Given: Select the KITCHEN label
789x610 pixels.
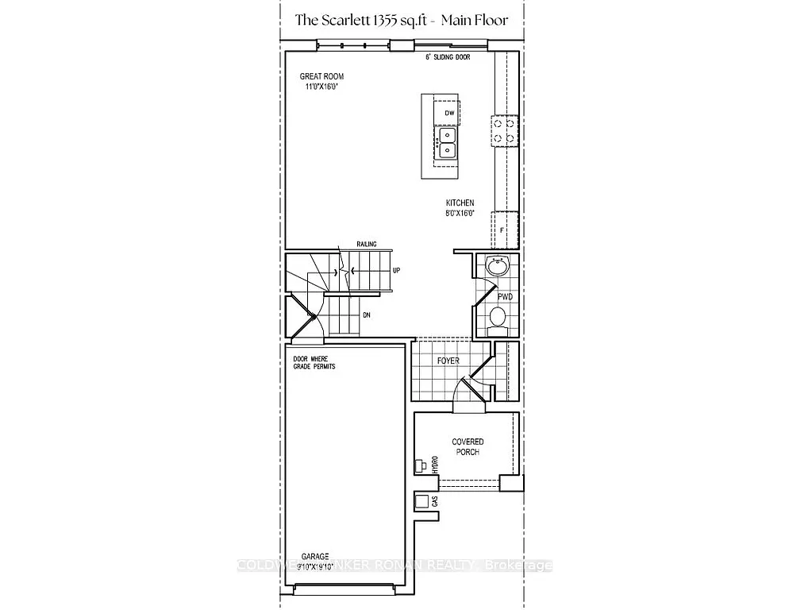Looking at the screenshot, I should (x=460, y=203).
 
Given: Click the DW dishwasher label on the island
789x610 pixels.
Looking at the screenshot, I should (x=448, y=114).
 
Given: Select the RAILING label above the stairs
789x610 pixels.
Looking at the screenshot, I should (x=366, y=244).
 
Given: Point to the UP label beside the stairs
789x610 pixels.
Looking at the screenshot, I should (x=396, y=270).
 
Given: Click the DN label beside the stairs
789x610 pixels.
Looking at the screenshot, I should (x=366, y=315).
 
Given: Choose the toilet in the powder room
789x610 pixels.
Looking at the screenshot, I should (x=498, y=318).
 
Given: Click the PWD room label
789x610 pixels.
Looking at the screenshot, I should (x=505, y=296).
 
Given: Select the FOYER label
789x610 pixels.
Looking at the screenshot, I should (x=448, y=361).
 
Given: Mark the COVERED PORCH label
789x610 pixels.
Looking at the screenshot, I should (x=468, y=446).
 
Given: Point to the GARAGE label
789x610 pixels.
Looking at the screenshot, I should (x=315, y=557).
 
